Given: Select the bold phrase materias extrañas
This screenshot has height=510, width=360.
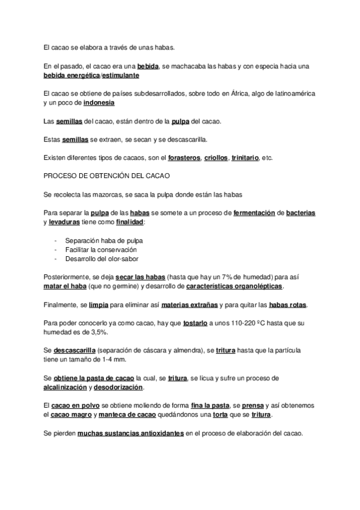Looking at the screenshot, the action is point(190,305).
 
